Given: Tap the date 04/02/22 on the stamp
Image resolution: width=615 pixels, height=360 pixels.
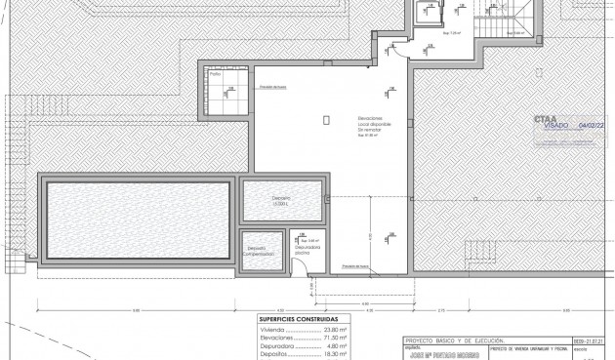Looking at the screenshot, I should point(594,126).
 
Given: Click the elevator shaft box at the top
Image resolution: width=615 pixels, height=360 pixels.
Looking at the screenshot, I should point(426,12).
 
